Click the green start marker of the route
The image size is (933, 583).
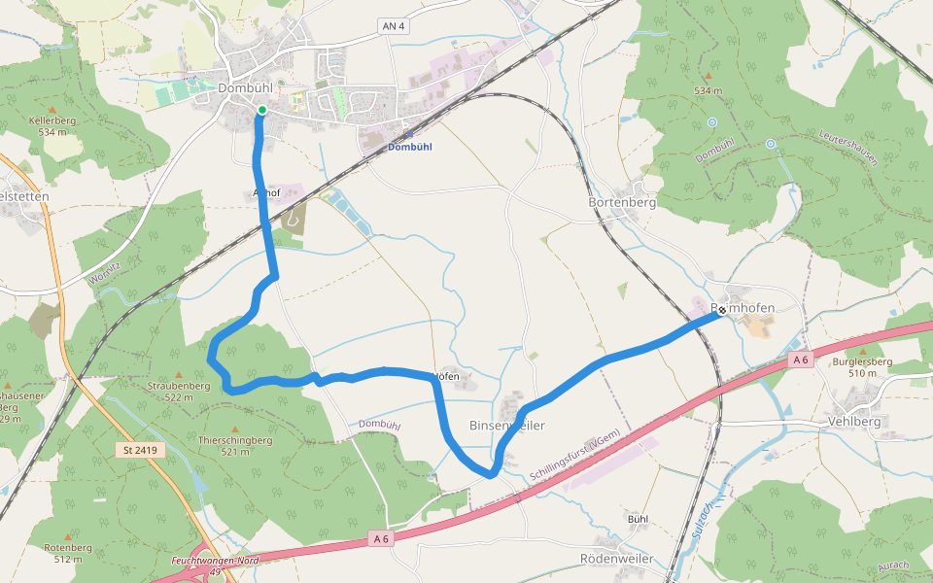tap(261, 110)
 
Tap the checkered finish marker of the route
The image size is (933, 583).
tap(722, 310)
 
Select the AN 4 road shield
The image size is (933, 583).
tap(393, 26)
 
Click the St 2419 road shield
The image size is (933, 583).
tap(141, 450)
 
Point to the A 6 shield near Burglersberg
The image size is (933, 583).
tap(800, 360)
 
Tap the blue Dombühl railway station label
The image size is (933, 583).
tap(408, 147)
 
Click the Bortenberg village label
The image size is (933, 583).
tap(622, 203)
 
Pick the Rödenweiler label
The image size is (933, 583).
tap(616, 559)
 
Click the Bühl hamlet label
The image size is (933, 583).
tap(638, 519)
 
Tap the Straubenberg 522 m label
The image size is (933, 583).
tap(179, 392)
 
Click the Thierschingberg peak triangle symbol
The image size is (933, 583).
tap(234, 429)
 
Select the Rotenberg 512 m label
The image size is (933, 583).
tap(68, 553)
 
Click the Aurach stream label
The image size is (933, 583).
tap(892, 566)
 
